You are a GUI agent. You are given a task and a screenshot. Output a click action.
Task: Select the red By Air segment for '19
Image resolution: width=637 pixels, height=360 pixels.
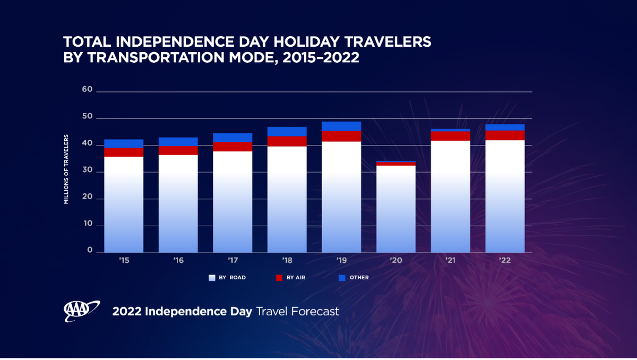[x=341, y=136]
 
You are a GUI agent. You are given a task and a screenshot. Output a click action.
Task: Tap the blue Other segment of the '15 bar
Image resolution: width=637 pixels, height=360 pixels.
[x=124, y=143]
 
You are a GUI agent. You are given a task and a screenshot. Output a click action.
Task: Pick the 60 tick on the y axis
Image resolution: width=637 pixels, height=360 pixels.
[x=87, y=90]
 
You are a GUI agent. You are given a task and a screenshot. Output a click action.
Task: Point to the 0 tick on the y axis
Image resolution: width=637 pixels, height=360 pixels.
[x=90, y=251]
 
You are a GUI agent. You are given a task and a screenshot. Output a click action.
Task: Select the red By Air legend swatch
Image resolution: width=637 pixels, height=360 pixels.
[x=278, y=278]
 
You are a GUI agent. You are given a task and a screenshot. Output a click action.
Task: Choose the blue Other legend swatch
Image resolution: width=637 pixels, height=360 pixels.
[x=342, y=278]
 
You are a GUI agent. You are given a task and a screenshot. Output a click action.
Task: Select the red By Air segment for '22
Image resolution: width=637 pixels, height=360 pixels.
[x=505, y=135]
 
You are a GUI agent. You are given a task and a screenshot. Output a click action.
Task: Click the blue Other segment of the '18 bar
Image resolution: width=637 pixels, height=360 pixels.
[x=287, y=132]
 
